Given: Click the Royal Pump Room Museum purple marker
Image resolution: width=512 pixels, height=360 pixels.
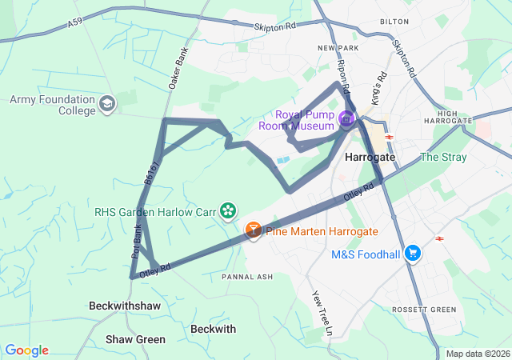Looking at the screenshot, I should (346, 120).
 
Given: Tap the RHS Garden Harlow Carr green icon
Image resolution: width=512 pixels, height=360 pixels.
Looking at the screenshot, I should (229, 210).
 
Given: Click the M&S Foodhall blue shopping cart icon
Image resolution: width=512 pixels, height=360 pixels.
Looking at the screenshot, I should (413, 254).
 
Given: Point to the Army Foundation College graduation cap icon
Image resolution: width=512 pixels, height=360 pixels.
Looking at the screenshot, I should (107, 104).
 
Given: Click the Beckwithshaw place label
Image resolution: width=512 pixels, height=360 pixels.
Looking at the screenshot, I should (125, 306).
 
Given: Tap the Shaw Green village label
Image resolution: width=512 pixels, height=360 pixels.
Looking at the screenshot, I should (135, 339).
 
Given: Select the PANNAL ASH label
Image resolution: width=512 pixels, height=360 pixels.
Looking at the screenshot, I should (247, 277).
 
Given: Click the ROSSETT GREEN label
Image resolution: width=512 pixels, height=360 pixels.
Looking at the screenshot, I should (423, 310).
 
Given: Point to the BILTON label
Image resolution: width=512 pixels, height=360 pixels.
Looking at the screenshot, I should (394, 22).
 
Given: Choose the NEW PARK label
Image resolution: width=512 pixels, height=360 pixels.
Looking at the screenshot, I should (336, 49).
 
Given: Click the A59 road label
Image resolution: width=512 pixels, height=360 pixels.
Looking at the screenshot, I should (75, 26).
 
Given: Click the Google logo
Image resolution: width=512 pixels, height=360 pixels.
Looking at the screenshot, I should (26, 350).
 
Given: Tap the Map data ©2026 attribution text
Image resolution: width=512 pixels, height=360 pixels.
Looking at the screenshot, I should (477, 354).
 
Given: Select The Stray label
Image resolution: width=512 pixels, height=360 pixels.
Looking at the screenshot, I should (442, 157).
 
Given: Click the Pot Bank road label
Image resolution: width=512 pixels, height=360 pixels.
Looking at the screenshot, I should (137, 241).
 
